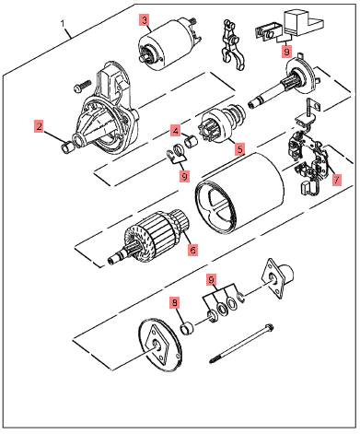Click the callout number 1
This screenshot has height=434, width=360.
coord(63,24)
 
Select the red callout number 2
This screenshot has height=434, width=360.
coord(39,126)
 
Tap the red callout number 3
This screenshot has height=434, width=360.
coord(145,20)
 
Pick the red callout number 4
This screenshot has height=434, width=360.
coord(176,131)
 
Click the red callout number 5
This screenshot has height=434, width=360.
coord(239,149)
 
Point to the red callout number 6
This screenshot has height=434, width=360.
coord(193,250)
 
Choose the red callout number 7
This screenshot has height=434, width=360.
coord(337,180)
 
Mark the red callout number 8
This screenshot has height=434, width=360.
coord(175,303)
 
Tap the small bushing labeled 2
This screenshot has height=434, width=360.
coord(67,147)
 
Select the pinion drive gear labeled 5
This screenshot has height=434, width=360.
coord(223,125)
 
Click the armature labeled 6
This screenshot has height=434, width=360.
coord(149,238)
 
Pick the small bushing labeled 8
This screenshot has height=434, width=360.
coord(187,329)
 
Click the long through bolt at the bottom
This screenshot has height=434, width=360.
coord(241,344)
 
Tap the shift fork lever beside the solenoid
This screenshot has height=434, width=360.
coord(231,44)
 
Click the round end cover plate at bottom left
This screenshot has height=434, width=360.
coord(160,345)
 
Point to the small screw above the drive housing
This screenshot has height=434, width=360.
coord(82,86)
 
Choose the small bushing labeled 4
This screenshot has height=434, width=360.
coord(190,142)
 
